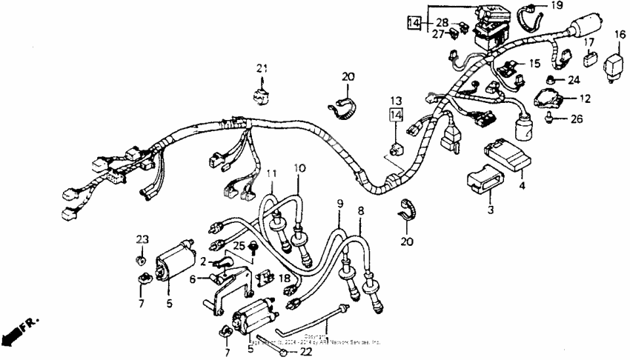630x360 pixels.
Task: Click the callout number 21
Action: pyautogui.click(x=260, y=69)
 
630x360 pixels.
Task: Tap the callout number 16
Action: pyautogui.click(x=619, y=34)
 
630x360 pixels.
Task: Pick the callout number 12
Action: pyautogui.click(x=585, y=98)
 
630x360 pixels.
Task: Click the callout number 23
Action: pyautogui.click(x=142, y=239)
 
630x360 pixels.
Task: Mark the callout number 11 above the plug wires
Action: pyautogui.click(x=272, y=174)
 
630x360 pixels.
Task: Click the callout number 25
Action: pyautogui.click(x=239, y=245)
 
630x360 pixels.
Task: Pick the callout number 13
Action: pyautogui.click(x=395, y=100)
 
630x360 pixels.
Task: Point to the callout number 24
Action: pyautogui.click(x=574, y=80)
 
